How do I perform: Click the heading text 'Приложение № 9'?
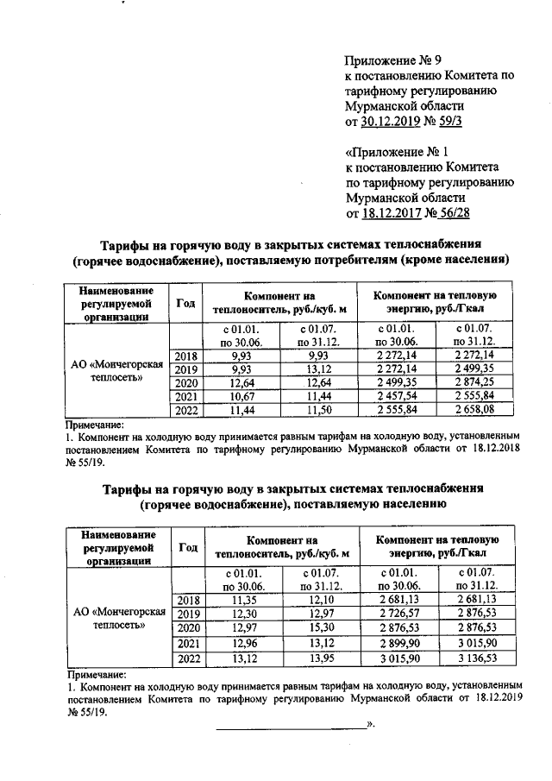point(392,60)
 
